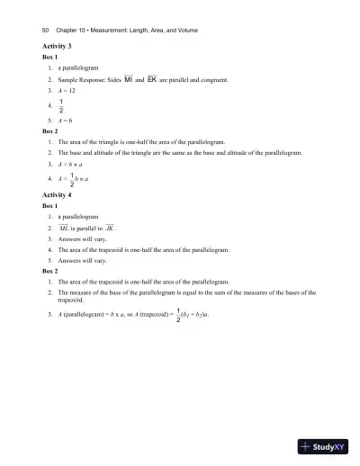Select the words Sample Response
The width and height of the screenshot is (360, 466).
(88, 80)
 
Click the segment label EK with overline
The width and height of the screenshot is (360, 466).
(152, 80)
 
